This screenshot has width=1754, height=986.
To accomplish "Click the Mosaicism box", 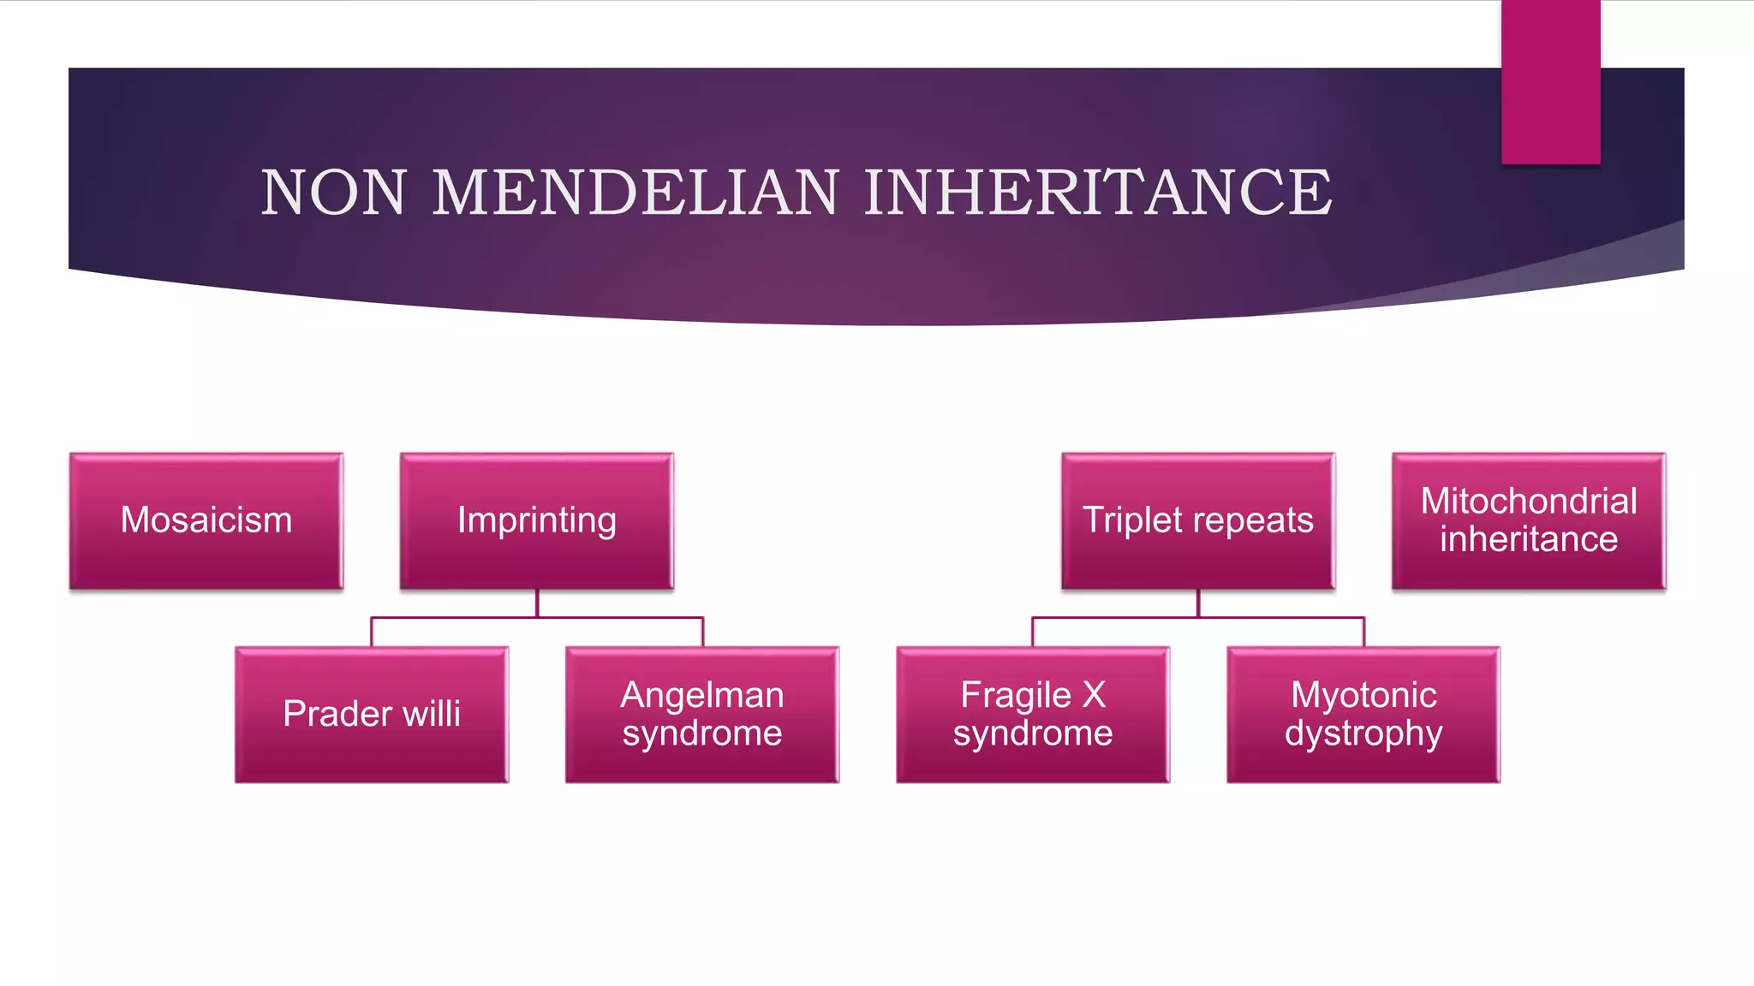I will point(206,520).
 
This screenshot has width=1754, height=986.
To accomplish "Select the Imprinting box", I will point(537,520).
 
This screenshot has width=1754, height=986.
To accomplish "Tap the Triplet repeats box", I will point(1198,520).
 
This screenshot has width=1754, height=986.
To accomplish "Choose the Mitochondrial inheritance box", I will point(1529,520).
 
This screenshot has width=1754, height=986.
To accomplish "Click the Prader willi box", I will point(372,714).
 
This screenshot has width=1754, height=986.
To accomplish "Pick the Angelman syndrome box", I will point(702,714).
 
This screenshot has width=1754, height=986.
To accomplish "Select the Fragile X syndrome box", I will point(1033,714).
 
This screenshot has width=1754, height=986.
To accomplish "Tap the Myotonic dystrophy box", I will point(1363,714).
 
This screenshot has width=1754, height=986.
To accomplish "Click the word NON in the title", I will point(333,193).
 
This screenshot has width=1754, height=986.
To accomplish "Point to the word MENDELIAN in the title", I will point(635,193).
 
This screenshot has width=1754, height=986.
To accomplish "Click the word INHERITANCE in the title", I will point(1098,193).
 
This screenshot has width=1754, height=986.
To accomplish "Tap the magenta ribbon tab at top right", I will point(1550,81).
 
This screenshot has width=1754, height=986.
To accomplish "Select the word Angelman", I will point(702,695).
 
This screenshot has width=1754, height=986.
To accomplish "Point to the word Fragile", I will point(1016,695).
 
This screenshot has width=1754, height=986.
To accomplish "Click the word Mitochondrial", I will point(1529,502).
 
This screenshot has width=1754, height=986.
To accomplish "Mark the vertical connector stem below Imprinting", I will point(537,603).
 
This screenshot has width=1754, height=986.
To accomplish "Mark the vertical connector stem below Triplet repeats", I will point(1198,603).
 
